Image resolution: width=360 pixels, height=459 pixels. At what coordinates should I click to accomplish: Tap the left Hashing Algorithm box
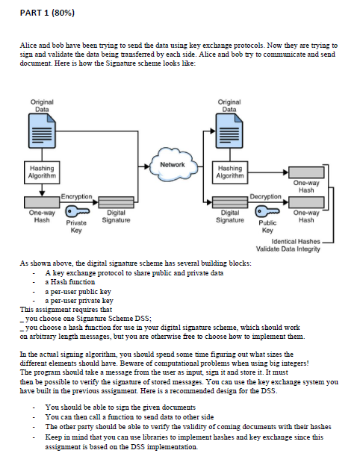click(41, 172)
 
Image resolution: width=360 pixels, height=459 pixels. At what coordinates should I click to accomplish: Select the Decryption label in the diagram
click(264, 196)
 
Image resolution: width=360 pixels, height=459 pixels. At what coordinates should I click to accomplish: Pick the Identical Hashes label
click(294, 241)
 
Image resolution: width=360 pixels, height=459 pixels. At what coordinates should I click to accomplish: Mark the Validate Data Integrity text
click(288, 249)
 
